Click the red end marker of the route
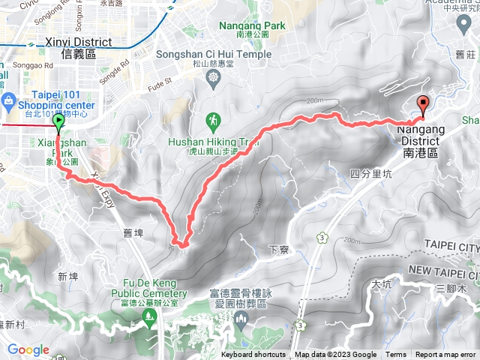click(x=423, y=105)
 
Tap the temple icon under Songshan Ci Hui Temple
click(x=214, y=78)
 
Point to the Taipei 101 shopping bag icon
click(x=10, y=100)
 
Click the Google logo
click(x=28, y=349)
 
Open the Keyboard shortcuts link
click(x=253, y=355)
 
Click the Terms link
click(x=396, y=355)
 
